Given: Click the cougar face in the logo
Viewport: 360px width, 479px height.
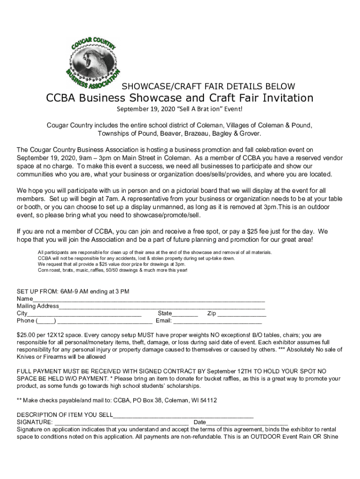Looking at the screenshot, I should tap(94, 59).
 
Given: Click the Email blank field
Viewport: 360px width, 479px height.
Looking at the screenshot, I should tap(217, 321).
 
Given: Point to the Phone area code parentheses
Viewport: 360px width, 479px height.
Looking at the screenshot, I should tap(46, 321).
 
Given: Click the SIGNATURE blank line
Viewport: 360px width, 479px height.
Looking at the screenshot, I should tap(121, 422).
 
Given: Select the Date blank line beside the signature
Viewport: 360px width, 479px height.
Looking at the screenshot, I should tap(247, 422).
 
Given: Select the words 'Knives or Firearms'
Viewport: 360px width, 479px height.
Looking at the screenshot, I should tap(43, 357).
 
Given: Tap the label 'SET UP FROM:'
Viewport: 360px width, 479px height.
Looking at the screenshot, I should tap(37, 292).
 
